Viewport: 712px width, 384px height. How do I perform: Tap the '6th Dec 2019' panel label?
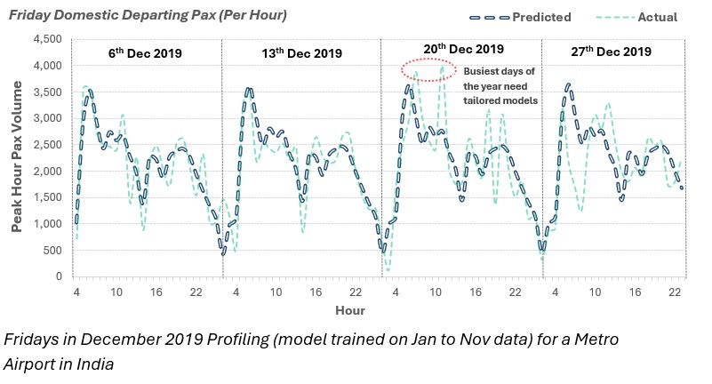145,53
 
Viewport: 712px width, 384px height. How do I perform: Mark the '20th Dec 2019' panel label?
462,49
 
